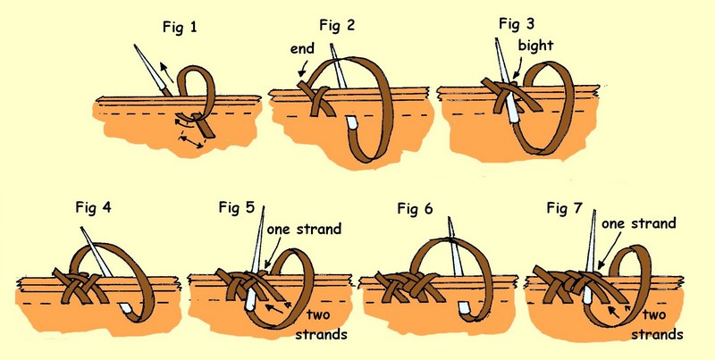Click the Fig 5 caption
tap(238, 208)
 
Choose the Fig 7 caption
tap(565, 208)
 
